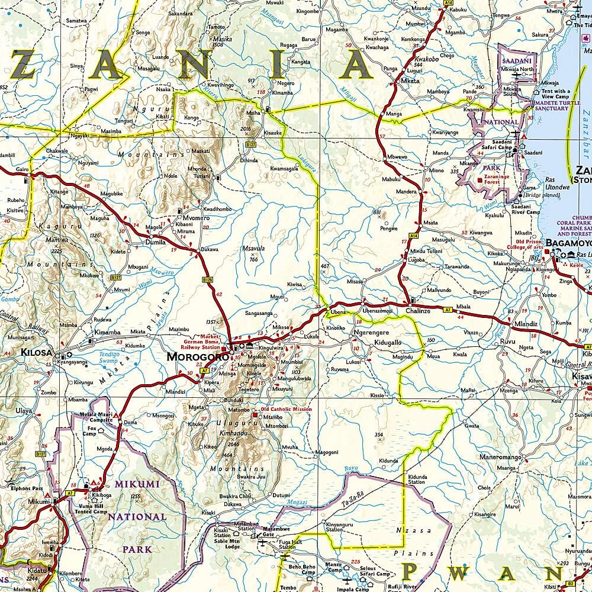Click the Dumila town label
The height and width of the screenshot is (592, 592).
[x=156, y=242]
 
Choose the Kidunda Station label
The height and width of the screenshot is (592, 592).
[x=417, y=479]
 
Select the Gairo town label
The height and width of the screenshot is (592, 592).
[x=22, y=169]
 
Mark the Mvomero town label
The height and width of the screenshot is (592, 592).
[x=189, y=217]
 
